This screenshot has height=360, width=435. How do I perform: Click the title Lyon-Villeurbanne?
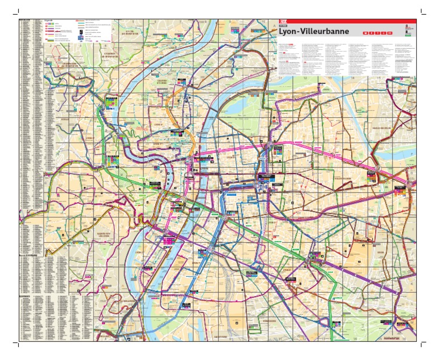click(x=313, y=32)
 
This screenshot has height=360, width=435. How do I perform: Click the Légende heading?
click(x=50, y=21)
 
